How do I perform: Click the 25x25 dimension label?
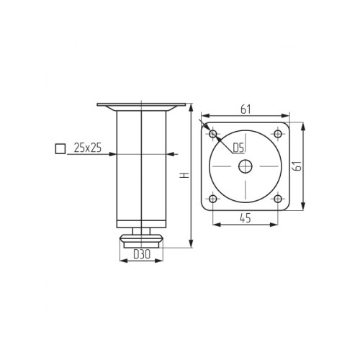[88, 148]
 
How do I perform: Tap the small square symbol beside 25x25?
[60, 148]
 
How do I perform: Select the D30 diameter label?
[142, 254]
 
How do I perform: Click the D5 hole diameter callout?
[238, 148]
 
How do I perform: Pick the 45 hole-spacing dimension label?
[246, 218]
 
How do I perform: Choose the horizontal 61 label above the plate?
[246, 109]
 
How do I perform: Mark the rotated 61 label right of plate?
[298, 166]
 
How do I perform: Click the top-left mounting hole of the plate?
[213, 134]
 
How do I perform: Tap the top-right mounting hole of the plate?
[278, 134]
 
